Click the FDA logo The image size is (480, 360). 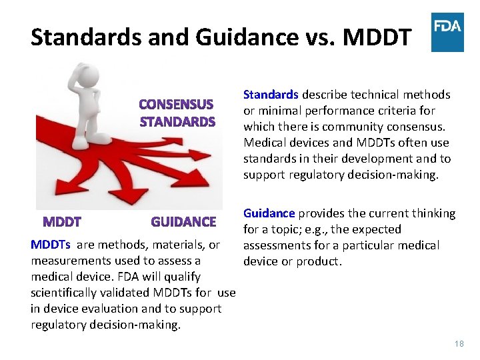(x=447, y=32)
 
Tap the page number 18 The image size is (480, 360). (x=459, y=344)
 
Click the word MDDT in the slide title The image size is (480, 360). (x=377, y=37)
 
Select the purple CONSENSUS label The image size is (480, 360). (x=176, y=105)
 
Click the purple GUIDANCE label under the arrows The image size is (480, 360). (x=183, y=222)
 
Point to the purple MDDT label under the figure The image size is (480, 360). (x=62, y=222)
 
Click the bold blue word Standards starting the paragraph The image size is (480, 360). (x=271, y=95)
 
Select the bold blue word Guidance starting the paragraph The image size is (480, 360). (x=269, y=213)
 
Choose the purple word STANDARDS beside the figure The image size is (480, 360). (x=177, y=122)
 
